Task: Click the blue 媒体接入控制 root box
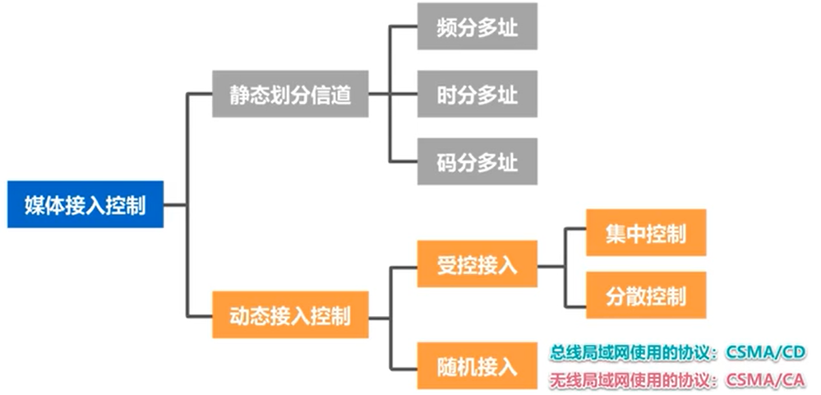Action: point(85,204)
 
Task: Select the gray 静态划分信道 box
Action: point(289,95)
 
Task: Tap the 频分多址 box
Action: point(477,26)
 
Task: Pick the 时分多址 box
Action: point(477,94)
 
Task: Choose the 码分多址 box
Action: point(477,161)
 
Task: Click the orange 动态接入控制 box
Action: point(289,315)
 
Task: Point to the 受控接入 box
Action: point(477,264)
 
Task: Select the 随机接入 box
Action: point(477,365)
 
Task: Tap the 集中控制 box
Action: point(645,233)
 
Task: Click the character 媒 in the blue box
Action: point(35,204)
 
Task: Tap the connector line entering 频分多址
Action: point(404,26)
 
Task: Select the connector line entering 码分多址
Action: point(404,161)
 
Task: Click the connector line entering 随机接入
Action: point(404,365)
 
